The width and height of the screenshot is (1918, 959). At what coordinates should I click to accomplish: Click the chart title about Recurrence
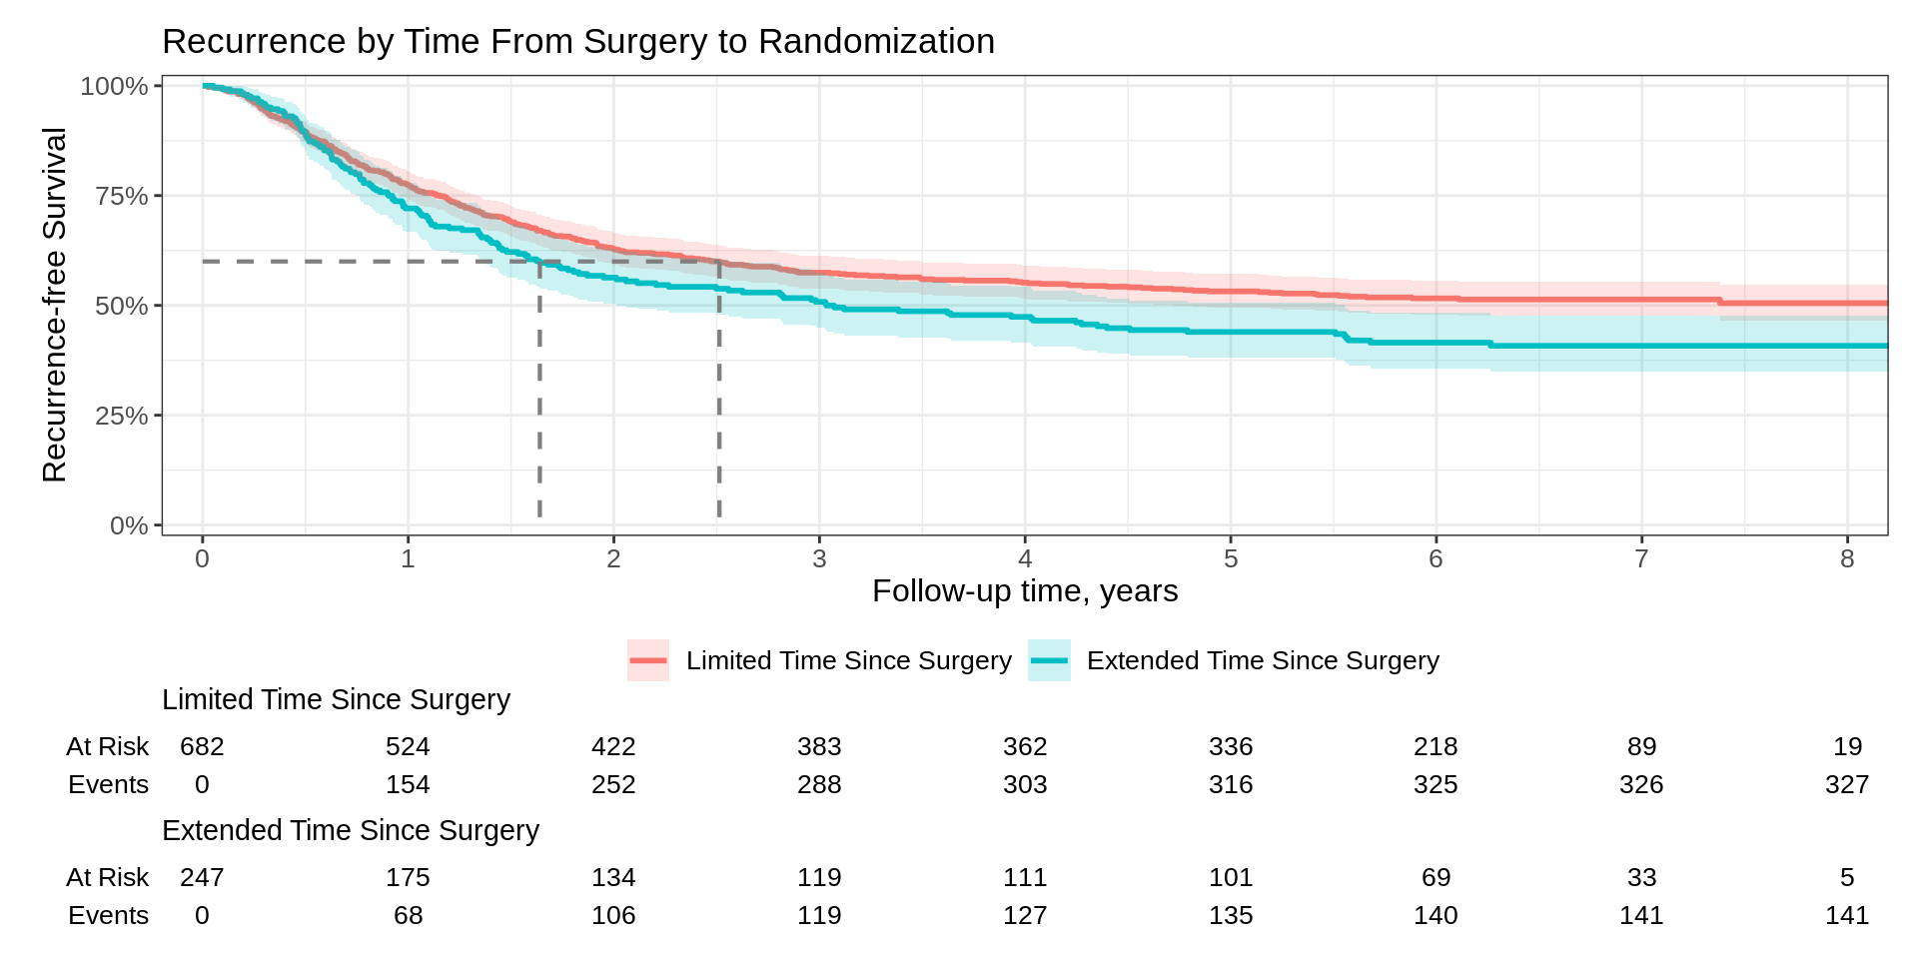coord(577,42)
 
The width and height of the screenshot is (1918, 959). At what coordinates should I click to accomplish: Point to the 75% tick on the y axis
coord(122,196)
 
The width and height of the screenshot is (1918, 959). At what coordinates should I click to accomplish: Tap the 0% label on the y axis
coord(129,525)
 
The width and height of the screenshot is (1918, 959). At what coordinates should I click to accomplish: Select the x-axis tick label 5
coord(1231,558)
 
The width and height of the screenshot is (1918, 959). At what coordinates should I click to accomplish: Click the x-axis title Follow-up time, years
coord(1025,591)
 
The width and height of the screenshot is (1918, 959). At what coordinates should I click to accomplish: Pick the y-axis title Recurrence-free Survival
coord(55,305)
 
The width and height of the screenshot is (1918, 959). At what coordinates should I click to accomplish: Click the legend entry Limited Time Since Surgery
coord(848,660)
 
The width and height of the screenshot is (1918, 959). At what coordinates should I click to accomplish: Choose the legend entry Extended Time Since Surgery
coord(1263,660)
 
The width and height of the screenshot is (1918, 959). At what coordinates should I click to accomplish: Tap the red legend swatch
coord(648,660)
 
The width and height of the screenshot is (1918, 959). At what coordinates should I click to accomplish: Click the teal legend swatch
coord(1049,660)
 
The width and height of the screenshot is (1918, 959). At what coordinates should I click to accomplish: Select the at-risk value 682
coord(202,746)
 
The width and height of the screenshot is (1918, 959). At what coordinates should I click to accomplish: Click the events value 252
coord(613,784)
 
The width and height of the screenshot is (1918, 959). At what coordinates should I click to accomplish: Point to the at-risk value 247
coord(202,877)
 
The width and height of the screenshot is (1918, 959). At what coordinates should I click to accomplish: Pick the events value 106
coord(613,915)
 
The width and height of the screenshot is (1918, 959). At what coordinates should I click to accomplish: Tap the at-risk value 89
coord(1641,746)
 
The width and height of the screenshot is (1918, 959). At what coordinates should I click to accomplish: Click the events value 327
coord(1847,784)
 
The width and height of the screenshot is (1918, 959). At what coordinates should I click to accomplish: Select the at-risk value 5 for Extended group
coord(1847,877)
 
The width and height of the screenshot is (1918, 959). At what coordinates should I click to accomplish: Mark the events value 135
coord(1231,915)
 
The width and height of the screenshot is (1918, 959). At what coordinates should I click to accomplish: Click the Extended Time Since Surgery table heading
coord(351,831)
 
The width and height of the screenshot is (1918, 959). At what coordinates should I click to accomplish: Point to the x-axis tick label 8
coord(1847,558)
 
